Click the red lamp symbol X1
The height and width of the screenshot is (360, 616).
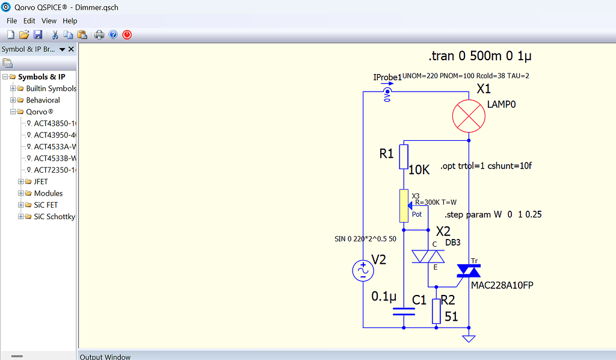tap(469, 113)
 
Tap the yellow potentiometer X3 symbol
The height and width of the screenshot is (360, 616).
tap(404, 205)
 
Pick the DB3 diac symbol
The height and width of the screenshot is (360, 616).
tap(427, 257)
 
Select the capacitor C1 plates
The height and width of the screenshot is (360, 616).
tap(404, 311)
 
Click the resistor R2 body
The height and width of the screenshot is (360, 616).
tap(437, 311)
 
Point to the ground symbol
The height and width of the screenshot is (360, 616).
tap(469, 338)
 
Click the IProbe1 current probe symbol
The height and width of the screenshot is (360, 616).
tap(387, 92)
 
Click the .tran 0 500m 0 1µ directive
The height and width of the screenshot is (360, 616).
tap(480, 57)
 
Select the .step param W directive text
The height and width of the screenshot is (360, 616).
tap(493, 214)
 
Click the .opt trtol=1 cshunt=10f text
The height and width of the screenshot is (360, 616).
tap(486, 166)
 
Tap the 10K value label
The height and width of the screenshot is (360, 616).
tap(419, 170)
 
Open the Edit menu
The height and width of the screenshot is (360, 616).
tap(29, 21)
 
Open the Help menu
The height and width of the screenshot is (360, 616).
tap(70, 21)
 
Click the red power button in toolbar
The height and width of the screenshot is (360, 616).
tap(127, 35)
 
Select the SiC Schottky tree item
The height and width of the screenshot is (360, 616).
tap(54, 216)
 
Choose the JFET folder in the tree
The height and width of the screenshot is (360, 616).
tap(40, 181)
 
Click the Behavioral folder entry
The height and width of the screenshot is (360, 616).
tap(43, 100)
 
